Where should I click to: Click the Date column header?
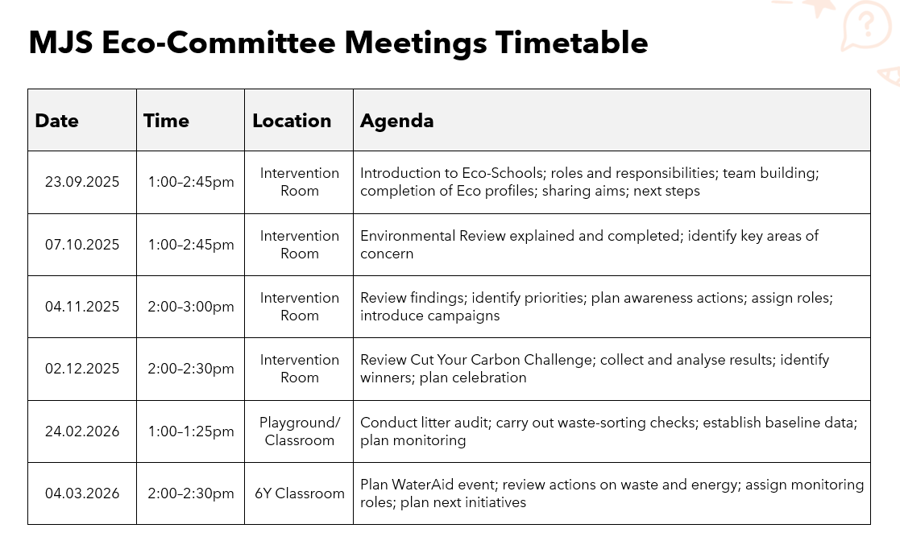(57, 121)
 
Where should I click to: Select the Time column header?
(166, 121)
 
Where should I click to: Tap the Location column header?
(292, 121)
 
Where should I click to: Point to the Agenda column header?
(396, 121)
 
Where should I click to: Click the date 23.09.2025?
(82, 182)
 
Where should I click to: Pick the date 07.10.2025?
(82, 245)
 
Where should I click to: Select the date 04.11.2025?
(82, 307)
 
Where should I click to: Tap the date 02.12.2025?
(82, 369)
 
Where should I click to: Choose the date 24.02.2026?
(82, 431)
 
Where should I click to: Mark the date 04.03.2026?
(82, 493)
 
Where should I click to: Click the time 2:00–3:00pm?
(191, 307)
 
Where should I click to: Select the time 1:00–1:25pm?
(191, 431)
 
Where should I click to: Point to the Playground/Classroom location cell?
(300, 431)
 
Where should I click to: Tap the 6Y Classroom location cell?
(300, 493)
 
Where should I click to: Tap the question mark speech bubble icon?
(866, 27)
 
